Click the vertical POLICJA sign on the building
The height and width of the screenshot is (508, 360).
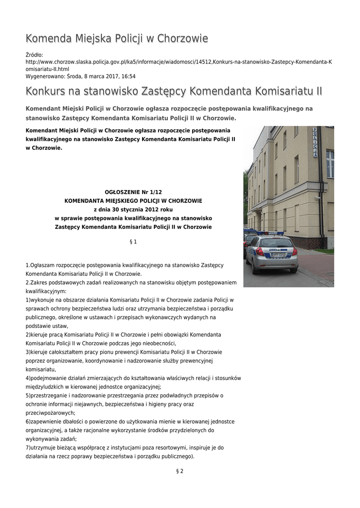pos(315,142)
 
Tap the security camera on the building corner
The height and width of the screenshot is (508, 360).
pos(316,197)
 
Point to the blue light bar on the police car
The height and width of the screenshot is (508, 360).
pos(270,233)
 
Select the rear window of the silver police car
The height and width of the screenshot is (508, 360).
pos(276,243)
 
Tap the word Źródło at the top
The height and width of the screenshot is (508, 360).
pos(34,55)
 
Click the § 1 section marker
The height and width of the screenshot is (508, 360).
pos(133,242)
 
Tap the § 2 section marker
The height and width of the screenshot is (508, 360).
pos(180,471)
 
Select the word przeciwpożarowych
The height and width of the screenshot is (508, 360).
pos(50,413)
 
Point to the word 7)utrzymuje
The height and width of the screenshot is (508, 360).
pos(41,447)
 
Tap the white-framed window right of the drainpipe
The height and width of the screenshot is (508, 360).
pos(330,164)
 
